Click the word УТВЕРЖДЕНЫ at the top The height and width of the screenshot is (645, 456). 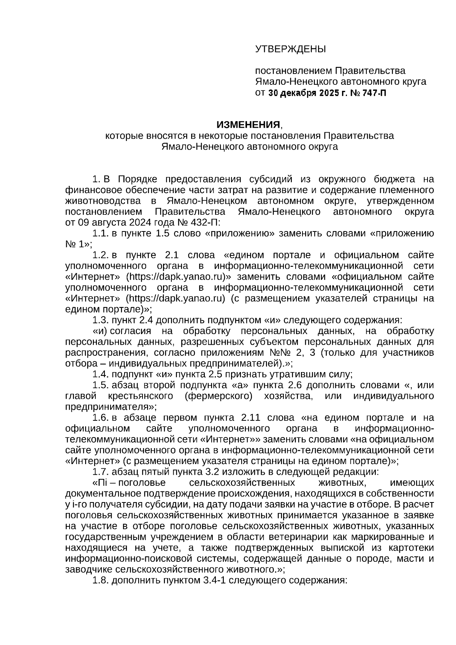pyautogui.click(x=290, y=49)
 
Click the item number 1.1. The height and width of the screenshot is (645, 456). pyautogui.click(x=100, y=233)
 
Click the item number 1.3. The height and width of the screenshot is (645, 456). pyautogui.click(x=100, y=320)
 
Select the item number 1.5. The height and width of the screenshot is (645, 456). pyautogui.click(x=100, y=385)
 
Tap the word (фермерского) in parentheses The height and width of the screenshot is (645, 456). pyautogui.click(x=217, y=396)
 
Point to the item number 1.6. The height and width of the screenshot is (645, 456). pyautogui.click(x=100, y=418)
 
